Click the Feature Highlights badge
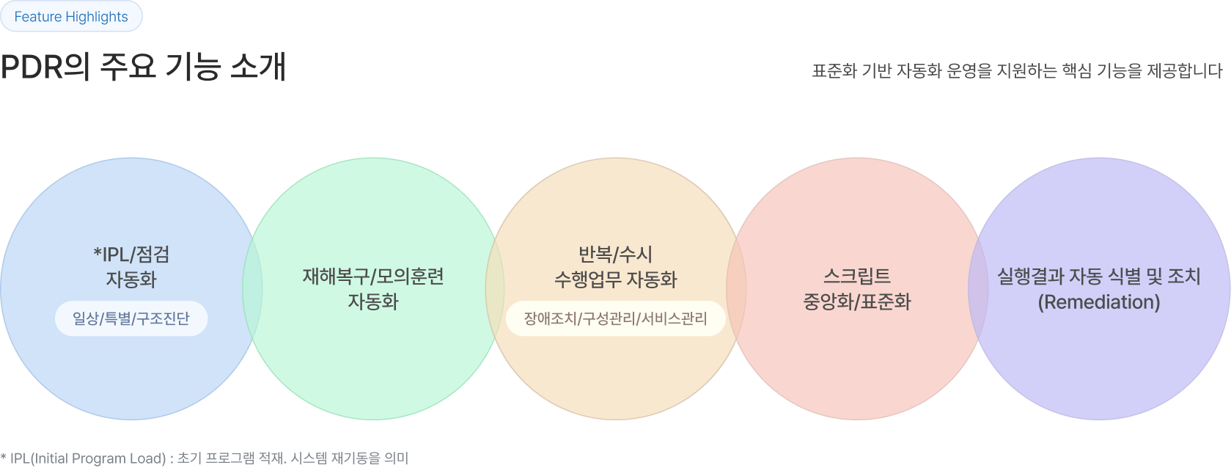[x=71, y=17]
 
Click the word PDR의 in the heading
[x=45, y=67]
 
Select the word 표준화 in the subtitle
[x=834, y=71]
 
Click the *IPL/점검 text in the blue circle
[x=131, y=255]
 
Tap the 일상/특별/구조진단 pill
[x=131, y=318]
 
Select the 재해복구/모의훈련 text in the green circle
[x=373, y=277]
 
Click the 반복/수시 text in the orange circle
[x=615, y=255]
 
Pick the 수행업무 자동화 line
[x=615, y=279]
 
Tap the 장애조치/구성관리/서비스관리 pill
[x=615, y=318]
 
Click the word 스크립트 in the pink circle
[x=856, y=277]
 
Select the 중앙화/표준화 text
[x=856, y=301]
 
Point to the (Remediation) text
[x=1098, y=301]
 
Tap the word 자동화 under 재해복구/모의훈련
[x=373, y=301]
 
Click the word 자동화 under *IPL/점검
[x=131, y=279]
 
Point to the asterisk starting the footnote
[x=4, y=457]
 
